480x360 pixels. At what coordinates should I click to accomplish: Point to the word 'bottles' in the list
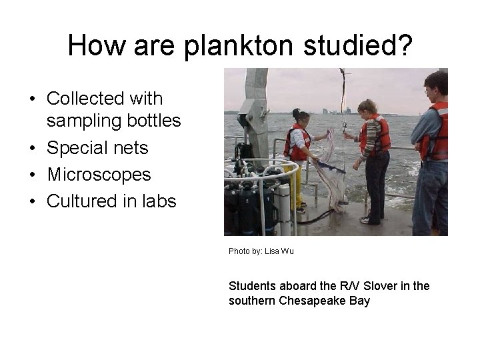click(x=157, y=121)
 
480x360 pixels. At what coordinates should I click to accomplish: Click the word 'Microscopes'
click(x=99, y=175)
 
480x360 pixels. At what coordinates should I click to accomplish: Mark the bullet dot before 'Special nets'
click(x=32, y=149)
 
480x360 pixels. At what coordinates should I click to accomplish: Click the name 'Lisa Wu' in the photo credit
click(x=279, y=251)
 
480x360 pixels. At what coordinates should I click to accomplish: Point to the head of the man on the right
click(x=436, y=83)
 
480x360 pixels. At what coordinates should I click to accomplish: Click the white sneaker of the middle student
click(x=365, y=219)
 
